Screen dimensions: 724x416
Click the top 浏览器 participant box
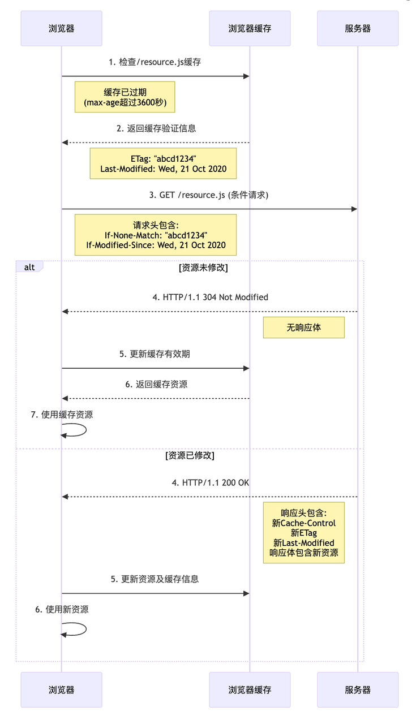61,28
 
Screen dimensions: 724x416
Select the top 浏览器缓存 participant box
250,28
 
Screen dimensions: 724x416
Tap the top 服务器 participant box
357,28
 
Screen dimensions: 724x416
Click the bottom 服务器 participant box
357,689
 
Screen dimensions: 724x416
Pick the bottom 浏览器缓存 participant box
250,689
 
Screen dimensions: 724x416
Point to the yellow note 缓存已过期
125,97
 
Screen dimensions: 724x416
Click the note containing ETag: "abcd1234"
162,163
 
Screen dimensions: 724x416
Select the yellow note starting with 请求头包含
156,235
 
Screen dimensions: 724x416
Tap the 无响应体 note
303,327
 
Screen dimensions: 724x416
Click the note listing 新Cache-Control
303,533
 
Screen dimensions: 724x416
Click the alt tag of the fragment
29,266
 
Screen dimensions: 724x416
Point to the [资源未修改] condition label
203,268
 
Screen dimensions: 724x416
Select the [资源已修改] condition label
190,455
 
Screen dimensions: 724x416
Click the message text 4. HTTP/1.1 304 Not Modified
210,297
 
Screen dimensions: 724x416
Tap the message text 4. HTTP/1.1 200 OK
210,482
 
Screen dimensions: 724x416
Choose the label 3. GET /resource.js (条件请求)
209,195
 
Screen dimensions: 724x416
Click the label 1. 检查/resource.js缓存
155,62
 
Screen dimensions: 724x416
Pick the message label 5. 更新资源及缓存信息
155,579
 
